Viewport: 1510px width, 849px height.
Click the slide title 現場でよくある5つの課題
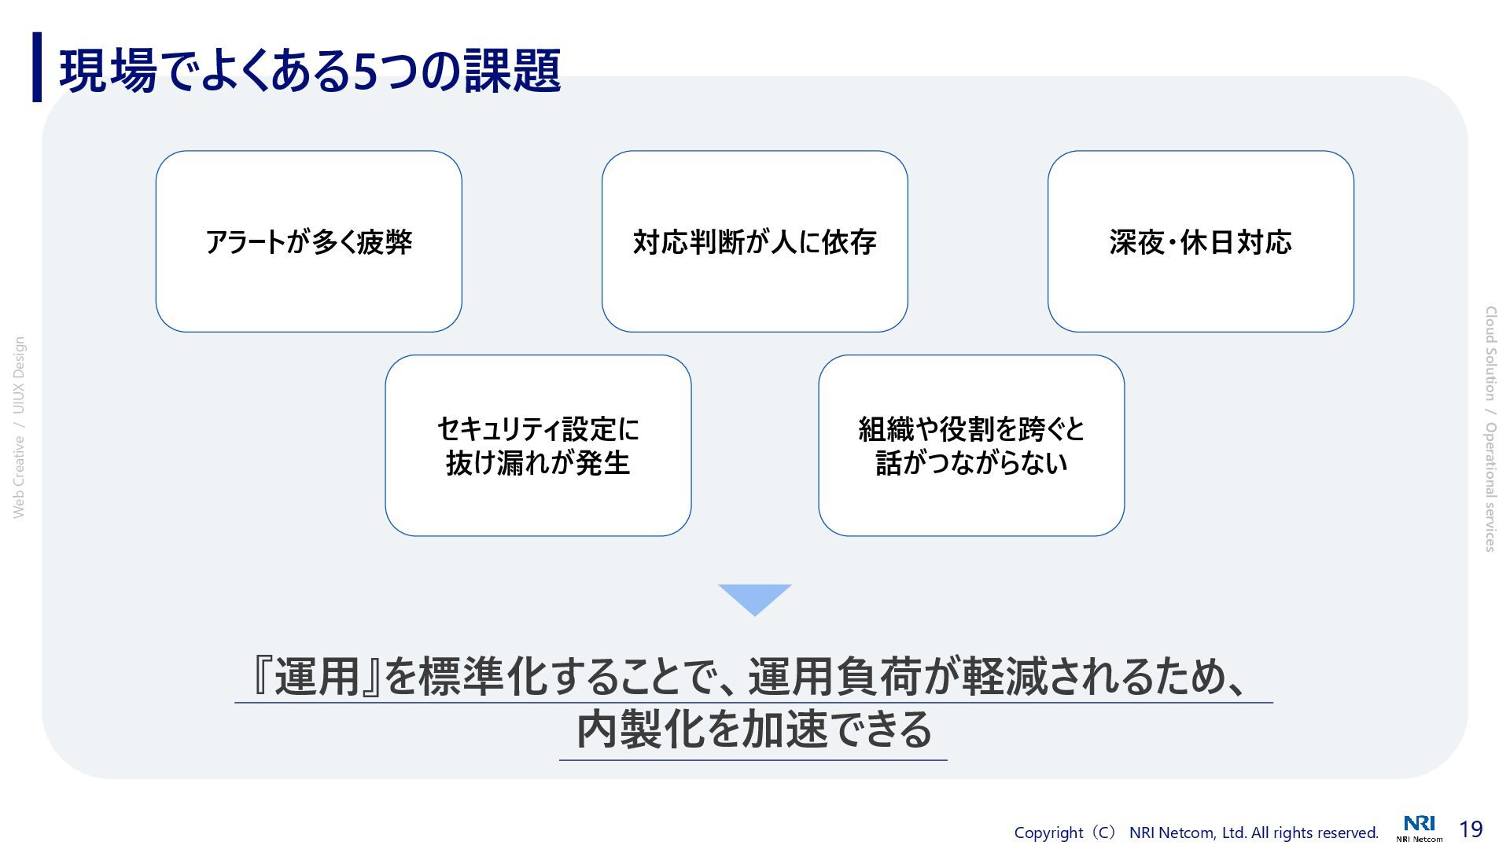point(310,71)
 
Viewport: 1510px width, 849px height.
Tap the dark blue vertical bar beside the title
point(37,67)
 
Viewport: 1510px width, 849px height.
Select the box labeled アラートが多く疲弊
point(308,241)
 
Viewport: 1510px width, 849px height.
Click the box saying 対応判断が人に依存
point(754,241)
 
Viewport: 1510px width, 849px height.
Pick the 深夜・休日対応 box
point(1200,241)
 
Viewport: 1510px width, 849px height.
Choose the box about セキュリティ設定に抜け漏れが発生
point(538,446)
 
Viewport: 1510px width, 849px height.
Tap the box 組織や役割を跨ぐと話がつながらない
point(971,446)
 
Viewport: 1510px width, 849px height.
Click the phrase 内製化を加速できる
point(753,730)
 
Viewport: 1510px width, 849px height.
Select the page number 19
point(1471,829)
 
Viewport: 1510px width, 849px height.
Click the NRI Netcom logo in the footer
point(1420,829)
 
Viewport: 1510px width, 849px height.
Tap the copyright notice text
point(1195,832)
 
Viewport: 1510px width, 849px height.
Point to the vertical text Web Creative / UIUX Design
point(19,428)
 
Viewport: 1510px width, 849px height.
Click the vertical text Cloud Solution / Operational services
point(1490,429)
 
